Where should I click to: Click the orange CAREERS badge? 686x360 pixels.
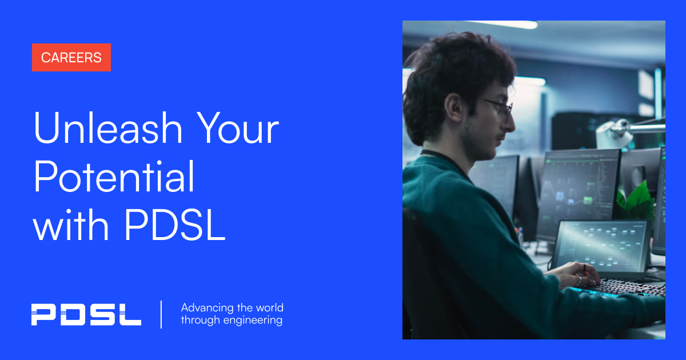[x=71, y=58]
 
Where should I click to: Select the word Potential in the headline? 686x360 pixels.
[x=114, y=178]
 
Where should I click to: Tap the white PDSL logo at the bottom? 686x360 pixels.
[x=86, y=315]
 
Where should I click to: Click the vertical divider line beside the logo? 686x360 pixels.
[x=161, y=314]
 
